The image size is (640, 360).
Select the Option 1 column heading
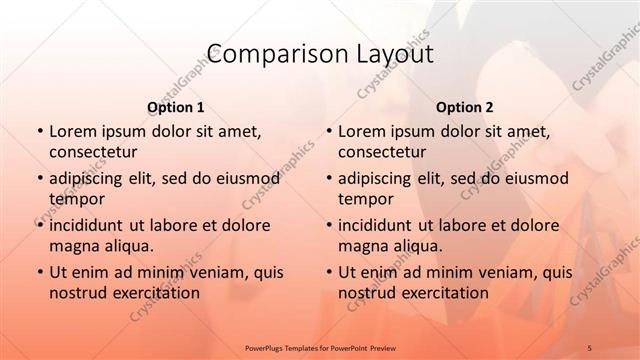click(176, 107)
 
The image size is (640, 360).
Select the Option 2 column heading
click(465, 107)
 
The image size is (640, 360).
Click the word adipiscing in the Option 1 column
click(90, 178)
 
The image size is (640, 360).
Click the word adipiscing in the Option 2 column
click(379, 178)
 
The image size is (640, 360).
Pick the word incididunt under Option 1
click(89, 225)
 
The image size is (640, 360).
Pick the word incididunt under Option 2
click(378, 225)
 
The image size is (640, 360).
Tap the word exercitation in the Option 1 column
click(154, 293)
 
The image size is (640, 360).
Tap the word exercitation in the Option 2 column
click(443, 293)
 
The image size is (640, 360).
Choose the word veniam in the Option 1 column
click(205, 272)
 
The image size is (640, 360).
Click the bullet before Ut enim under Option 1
click(39, 272)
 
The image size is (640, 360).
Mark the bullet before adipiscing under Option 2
click(328, 178)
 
